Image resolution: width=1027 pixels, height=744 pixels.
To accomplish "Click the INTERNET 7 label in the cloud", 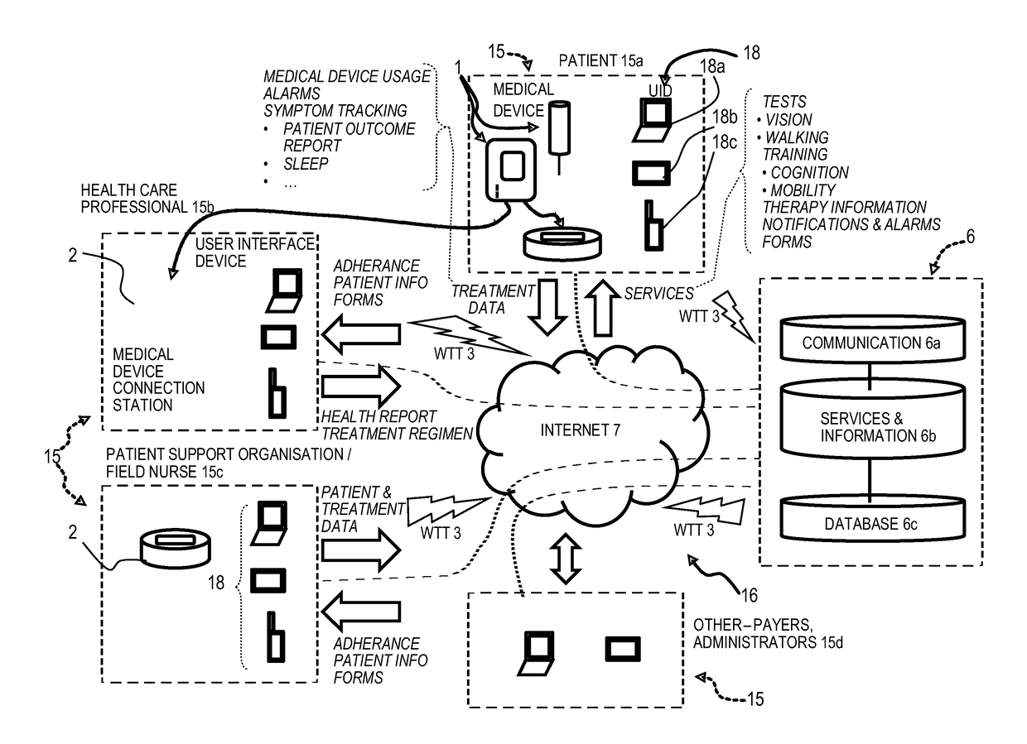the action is pyautogui.click(x=580, y=430).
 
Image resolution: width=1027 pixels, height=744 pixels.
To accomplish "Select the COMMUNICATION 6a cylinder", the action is pyautogui.click(x=872, y=338).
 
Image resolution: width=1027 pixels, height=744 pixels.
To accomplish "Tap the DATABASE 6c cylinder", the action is pyautogui.click(x=872, y=518).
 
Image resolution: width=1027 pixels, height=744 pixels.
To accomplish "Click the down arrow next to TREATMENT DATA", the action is pyautogui.click(x=547, y=307).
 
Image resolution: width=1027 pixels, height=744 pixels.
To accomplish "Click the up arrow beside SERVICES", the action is pyautogui.click(x=603, y=309).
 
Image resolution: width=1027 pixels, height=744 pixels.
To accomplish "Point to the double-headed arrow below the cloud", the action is pyautogui.click(x=566, y=559).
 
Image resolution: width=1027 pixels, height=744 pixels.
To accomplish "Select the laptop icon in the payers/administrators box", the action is pyautogui.click(x=536, y=654).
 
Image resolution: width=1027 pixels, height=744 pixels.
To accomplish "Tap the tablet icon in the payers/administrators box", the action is pyautogui.click(x=623, y=649).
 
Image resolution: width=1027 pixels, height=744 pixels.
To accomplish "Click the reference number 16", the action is pyautogui.click(x=750, y=596).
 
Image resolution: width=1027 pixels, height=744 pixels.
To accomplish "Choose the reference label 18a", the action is pyautogui.click(x=712, y=67).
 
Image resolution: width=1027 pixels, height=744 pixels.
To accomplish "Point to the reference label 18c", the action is pyautogui.click(x=725, y=142).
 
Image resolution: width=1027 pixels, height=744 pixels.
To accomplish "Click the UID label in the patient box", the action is pyautogui.click(x=660, y=91).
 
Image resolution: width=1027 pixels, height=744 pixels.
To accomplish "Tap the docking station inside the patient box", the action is pyautogui.click(x=562, y=243).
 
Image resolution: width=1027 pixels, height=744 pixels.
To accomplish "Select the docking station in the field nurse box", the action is pyautogui.click(x=175, y=549).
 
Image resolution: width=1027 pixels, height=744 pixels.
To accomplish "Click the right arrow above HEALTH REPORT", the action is pyautogui.click(x=361, y=386).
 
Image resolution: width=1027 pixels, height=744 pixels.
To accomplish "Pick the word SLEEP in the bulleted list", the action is pyautogui.click(x=306, y=164).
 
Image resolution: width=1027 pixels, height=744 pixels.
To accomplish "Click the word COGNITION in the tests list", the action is pyautogui.click(x=810, y=173).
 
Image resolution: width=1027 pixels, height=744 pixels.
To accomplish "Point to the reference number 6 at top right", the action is pyautogui.click(x=971, y=237).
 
